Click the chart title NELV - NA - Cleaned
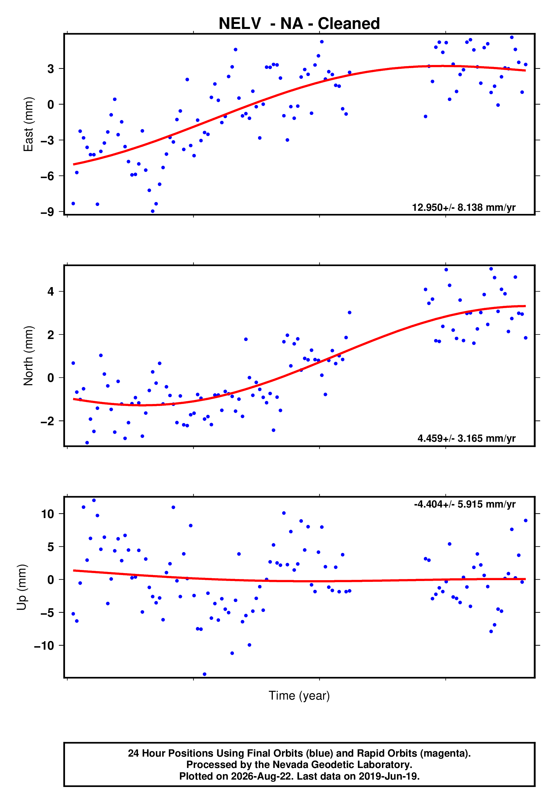click(x=299, y=23)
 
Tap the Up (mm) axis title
click(x=22, y=587)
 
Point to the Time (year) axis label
click(x=299, y=696)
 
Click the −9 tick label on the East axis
click(x=48, y=212)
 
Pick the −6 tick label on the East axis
click(x=48, y=176)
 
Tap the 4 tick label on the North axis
click(x=51, y=291)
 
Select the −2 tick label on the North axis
click(x=48, y=421)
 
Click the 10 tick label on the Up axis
click(x=48, y=514)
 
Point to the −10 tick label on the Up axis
click(x=44, y=646)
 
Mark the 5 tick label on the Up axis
click(x=51, y=547)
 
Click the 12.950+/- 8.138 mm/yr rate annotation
click(x=464, y=207)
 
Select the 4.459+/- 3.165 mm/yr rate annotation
click(x=467, y=438)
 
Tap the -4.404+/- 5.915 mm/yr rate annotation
click(x=465, y=504)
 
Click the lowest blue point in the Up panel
click(x=204, y=674)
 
